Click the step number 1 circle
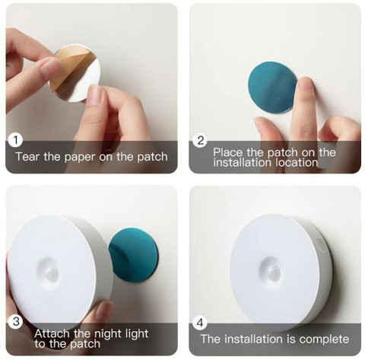point(15,140)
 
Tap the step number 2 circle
point(200,140)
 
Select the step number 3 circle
point(16,321)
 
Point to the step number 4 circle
point(200,323)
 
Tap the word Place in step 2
point(227,152)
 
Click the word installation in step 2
point(243,163)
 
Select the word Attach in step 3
point(52,333)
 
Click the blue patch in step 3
point(134,255)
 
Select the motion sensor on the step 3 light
point(51,274)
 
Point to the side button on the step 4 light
point(320,244)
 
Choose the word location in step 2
point(297,163)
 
